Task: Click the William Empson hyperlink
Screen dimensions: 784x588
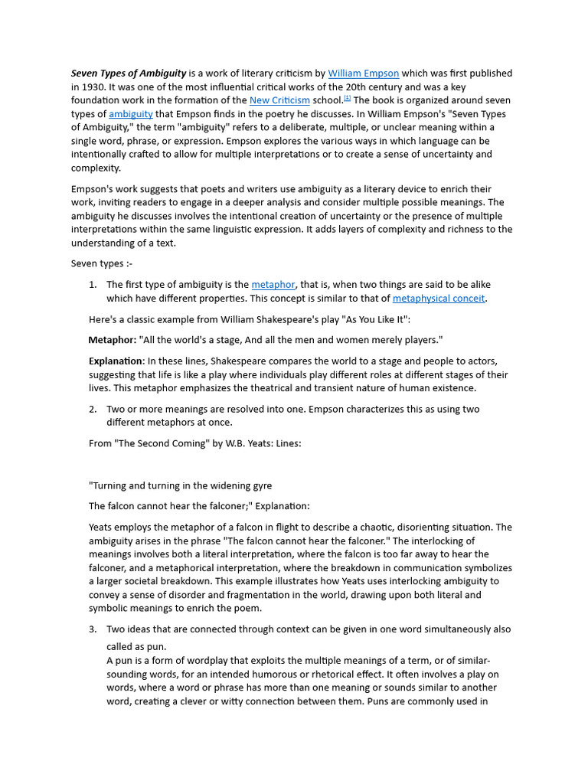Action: tap(364, 73)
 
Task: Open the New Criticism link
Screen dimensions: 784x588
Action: tap(279, 100)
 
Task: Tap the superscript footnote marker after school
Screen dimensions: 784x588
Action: tap(347, 98)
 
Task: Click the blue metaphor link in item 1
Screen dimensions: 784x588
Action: tap(273, 285)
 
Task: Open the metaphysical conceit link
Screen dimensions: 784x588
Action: tap(439, 299)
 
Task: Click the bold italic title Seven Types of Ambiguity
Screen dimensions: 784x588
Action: tap(129, 73)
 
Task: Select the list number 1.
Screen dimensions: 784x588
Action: tap(92, 285)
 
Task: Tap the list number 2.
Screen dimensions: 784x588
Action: tap(92, 409)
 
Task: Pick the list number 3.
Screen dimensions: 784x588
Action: tap(92, 629)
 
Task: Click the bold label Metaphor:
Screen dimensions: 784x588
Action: tap(113, 339)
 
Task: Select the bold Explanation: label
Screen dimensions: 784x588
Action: tap(116, 361)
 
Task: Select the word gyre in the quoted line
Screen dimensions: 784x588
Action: tap(260, 485)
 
